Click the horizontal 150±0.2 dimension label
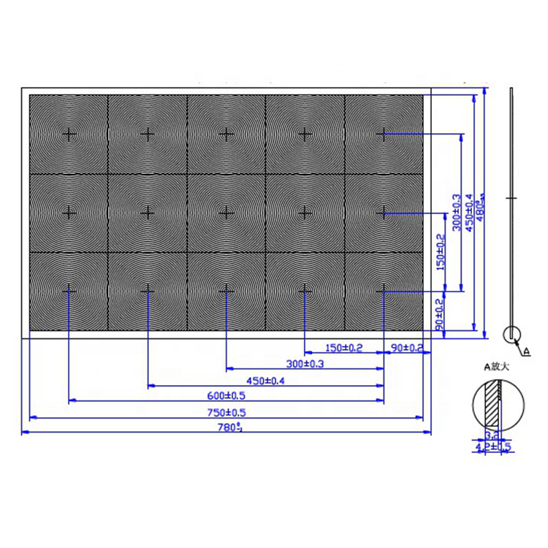[x=343, y=347]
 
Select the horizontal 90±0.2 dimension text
[x=407, y=347]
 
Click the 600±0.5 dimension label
[x=226, y=396]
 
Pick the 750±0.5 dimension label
[x=226, y=412]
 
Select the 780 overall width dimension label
[x=226, y=428]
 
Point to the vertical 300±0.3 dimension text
[x=457, y=213]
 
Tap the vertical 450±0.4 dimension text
[x=469, y=213]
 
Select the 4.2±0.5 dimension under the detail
[x=492, y=446]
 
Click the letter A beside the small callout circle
[x=528, y=350]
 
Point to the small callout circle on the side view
[x=512, y=335]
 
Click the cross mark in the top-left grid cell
[x=69, y=134]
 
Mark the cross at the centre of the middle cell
[x=227, y=212]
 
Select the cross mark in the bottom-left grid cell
[x=69, y=290]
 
